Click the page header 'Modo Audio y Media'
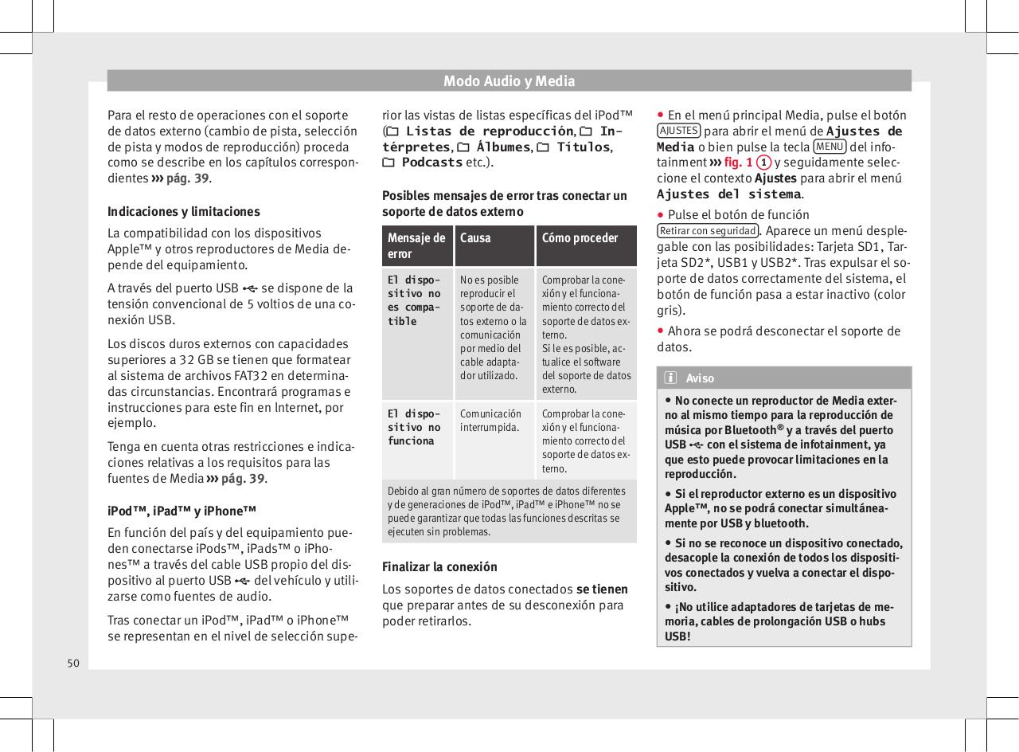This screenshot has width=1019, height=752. click(x=509, y=80)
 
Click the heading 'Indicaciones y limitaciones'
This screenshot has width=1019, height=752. click(x=183, y=212)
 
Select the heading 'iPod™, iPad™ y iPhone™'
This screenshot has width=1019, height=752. click(x=182, y=511)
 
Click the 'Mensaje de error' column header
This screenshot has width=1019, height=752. click(x=416, y=245)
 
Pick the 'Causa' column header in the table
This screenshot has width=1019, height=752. click(x=475, y=238)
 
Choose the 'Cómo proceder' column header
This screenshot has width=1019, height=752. click(x=580, y=238)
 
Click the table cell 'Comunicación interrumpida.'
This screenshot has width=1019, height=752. click(x=490, y=421)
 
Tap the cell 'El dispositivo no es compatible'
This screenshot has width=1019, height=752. click(x=412, y=300)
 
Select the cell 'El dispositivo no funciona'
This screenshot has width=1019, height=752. click(x=413, y=428)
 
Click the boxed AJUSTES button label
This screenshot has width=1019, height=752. click(x=679, y=131)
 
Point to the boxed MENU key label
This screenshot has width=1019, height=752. click(x=830, y=147)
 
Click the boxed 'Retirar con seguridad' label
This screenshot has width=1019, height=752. click(x=707, y=231)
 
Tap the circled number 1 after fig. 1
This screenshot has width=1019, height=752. click(x=763, y=163)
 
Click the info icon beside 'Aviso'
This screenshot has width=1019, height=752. click(x=671, y=378)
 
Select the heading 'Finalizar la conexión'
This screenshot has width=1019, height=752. click(x=439, y=567)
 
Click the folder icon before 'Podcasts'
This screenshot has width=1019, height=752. click(x=389, y=163)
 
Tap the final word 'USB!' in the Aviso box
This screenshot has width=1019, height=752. click(x=677, y=636)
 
